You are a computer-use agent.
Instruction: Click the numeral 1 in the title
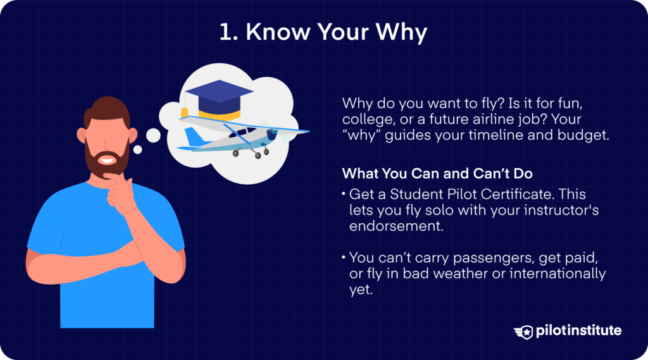pos(225,33)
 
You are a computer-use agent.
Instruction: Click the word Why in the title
pos(400,33)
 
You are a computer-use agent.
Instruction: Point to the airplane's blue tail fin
pos(193,137)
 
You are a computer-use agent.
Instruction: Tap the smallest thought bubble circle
pos(137,150)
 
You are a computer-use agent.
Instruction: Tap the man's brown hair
pos(105,111)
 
